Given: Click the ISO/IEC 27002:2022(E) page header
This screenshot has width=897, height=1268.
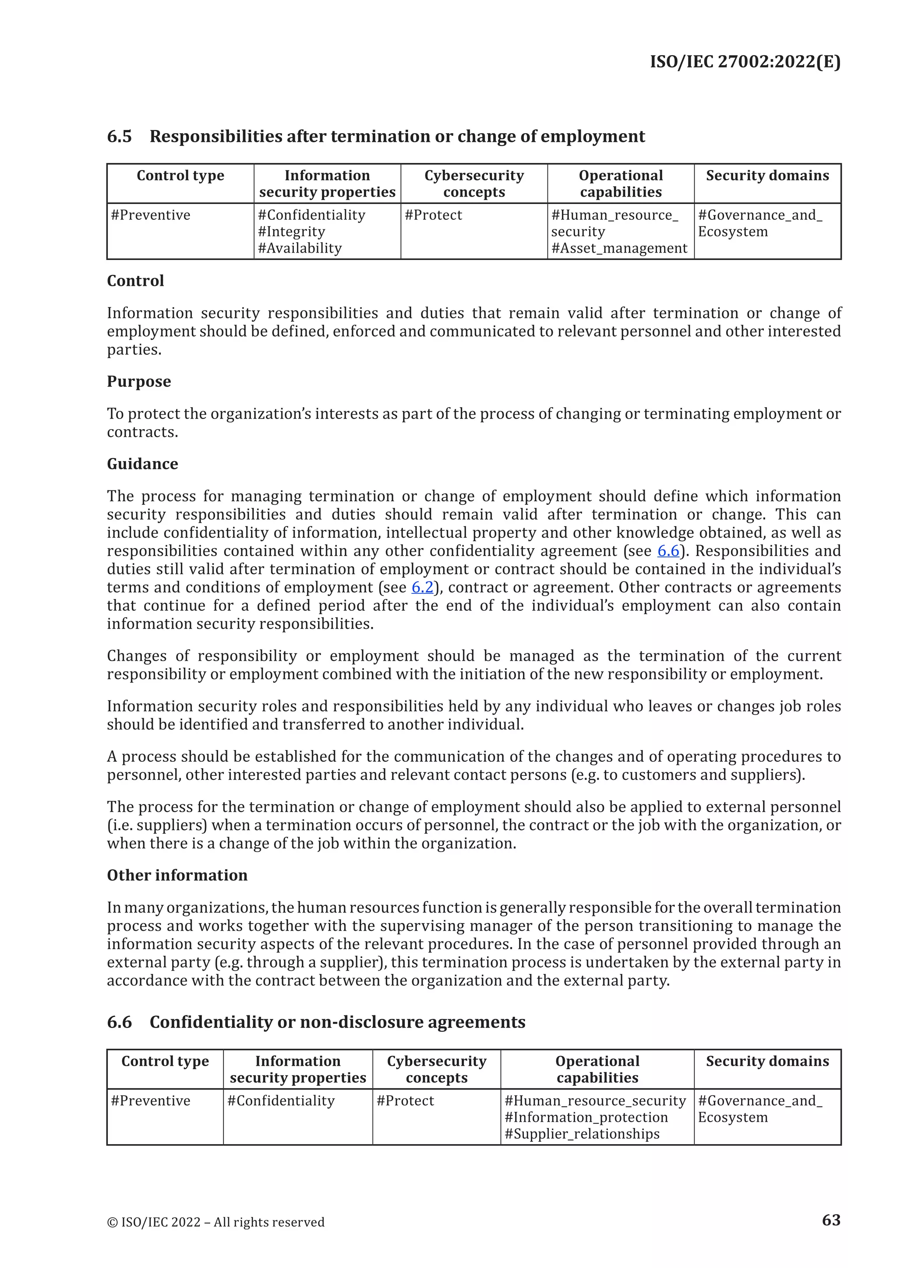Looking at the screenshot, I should (x=745, y=61).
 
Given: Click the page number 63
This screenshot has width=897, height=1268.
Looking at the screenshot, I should (x=831, y=1219).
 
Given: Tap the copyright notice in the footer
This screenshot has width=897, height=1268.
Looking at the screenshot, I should (x=215, y=1222).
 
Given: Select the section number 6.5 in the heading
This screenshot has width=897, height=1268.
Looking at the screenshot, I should (x=119, y=137).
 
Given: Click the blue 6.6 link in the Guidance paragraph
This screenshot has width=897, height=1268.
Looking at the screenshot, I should (x=668, y=551).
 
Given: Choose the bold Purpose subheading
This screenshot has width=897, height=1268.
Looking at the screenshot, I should (x=139, y=382).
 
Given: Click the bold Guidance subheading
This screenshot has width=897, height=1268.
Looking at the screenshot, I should (x=142, y=464).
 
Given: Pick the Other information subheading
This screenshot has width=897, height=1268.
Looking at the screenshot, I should (x=177, y=875).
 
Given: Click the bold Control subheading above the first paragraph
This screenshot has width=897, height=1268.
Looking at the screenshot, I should (x=135, y=281).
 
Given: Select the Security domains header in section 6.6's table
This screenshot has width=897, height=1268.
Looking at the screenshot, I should (x=767, y=1061).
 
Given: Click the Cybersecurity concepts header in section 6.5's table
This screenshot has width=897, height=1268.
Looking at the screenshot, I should (x=474, y=183).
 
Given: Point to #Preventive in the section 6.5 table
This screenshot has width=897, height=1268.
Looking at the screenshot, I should (x=150, y=215).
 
